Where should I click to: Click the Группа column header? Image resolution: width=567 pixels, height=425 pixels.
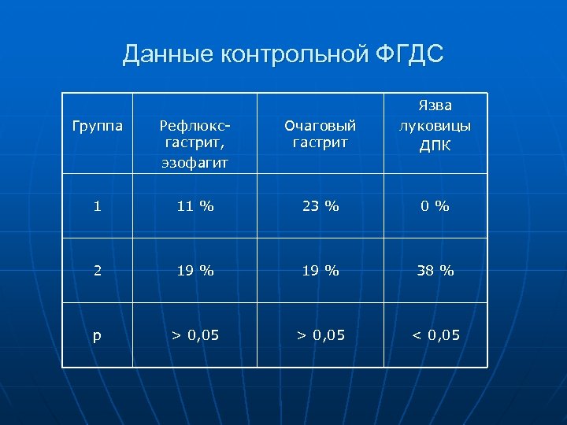point(97,125)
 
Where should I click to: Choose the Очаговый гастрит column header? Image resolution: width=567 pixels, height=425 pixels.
point(321,134)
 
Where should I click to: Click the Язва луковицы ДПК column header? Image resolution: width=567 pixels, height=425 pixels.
point(435,126)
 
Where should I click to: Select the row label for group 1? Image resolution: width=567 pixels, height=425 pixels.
point(97,206)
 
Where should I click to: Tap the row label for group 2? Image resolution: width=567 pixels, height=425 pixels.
point(97,270)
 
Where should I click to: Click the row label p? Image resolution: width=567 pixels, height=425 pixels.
point(97,335)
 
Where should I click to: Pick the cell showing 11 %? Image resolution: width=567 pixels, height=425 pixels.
point(195,206)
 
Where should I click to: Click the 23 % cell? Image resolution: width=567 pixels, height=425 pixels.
point(321,206)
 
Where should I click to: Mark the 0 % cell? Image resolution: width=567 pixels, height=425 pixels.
point(435,206)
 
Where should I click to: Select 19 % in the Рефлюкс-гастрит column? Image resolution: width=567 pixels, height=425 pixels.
point(195,270)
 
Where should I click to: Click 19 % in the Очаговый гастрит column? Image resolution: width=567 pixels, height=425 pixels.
point(321,270)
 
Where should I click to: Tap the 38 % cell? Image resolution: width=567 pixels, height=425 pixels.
point(435,270)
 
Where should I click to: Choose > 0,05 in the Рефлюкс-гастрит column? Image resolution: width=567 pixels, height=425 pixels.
point(195,335)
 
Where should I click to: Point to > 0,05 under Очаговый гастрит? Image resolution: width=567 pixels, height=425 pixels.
point(321,335)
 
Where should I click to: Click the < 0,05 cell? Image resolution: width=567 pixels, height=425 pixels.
point(435,335)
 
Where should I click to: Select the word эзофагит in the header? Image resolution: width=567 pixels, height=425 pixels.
point(195,162)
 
